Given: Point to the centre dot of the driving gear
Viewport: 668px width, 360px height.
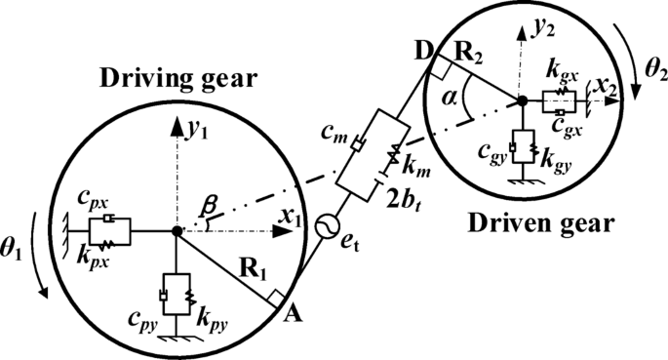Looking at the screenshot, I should [x=176, y=230].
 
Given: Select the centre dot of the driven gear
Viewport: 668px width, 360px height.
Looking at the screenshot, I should [x=522, y=100].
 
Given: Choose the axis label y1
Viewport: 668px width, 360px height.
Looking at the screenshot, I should [x=195, y=130].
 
